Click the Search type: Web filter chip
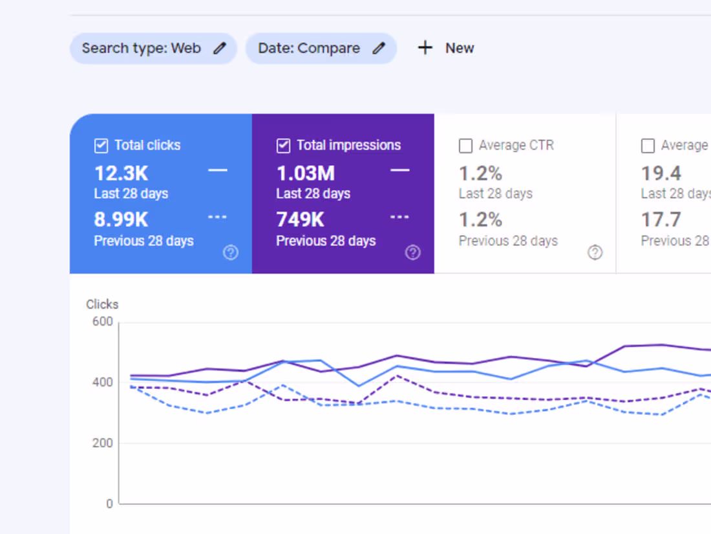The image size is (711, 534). point(142,49)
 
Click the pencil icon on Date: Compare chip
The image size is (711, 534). point(379,49)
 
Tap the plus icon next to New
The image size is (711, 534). point(425,48)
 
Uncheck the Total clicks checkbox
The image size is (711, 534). point(101,146)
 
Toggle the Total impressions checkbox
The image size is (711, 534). point(283,146)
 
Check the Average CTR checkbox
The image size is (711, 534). point(465,146)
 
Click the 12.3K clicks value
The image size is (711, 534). point(122,173)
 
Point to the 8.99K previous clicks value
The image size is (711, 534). point(122,220)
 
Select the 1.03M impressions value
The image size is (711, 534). point(306,173)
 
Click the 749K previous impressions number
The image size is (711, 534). point(301,220)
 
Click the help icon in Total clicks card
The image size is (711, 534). point(231,253)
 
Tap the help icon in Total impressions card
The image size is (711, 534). point(413,253)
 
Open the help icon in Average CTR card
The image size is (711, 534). point(595,253)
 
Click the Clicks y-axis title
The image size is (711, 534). point(102,304)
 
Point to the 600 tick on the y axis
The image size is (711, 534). point(102,322)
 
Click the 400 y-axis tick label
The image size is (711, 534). point(102,383)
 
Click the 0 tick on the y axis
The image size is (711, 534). point(109,504)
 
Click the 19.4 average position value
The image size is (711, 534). point(661,173)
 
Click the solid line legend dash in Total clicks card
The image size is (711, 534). point(218,170)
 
